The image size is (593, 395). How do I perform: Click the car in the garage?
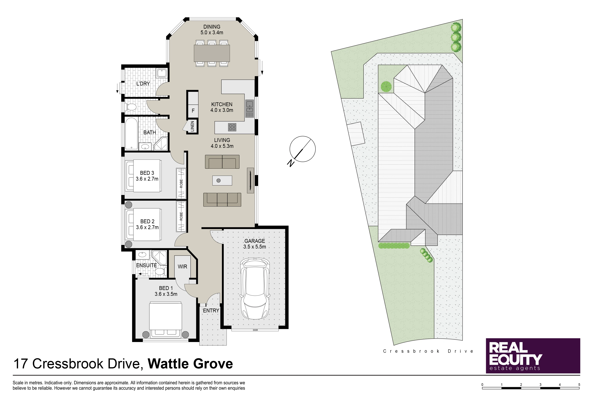[255, 288]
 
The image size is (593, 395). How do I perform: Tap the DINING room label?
[212, 27]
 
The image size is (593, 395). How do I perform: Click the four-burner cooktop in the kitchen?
[232, 127]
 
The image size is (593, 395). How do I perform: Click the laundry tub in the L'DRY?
[161, 73]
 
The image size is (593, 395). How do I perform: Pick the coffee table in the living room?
[222, 180]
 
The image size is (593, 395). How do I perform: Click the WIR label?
[182, 267]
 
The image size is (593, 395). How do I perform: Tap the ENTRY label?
[211, 311]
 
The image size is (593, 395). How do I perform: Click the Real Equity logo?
[533, 356]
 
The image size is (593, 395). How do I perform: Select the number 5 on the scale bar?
[579, 385]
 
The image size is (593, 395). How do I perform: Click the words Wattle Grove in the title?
[190, 364]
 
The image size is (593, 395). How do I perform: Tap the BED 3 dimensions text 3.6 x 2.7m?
[147, 179]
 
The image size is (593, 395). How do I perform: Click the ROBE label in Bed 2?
[181, 216]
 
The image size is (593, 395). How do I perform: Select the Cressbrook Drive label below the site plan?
[428, 351]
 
